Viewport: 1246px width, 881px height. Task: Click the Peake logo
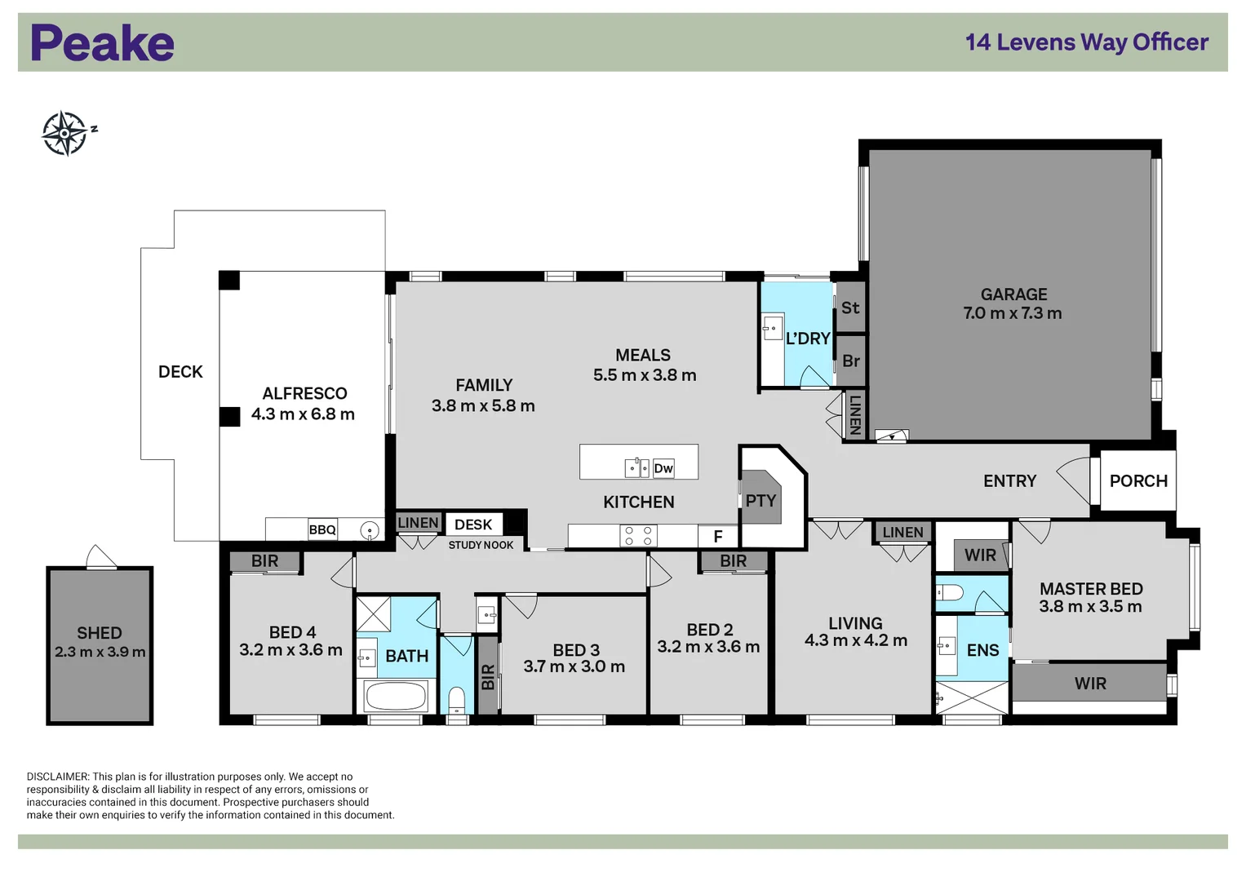coord(102,43)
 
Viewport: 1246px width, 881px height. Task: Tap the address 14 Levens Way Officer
coord(1086,42)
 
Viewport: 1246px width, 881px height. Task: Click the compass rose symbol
coord(64,133)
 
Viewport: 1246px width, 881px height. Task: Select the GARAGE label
coord(1013,294)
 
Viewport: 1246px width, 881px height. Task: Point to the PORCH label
coord(1137,481)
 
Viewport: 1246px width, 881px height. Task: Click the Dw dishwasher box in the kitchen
coord(663,468)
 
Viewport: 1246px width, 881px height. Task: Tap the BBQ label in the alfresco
coord(322,530)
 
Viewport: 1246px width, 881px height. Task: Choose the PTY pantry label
coord(760,501)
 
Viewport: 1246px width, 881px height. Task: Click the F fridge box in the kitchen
coord(718,537)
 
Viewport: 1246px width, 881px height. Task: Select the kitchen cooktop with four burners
coord(638,536)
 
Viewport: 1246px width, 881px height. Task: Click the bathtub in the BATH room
coord(396,697)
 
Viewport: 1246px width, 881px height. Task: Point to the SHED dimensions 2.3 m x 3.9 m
coord(100,652)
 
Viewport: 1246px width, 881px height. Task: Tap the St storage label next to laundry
coord(850,308)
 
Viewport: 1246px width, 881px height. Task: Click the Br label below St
coord(851,361)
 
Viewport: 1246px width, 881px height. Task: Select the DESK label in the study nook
coord(473,525)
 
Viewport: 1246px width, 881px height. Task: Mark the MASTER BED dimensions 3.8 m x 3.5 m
coord(1090,606)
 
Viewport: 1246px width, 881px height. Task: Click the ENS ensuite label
coord(982,650)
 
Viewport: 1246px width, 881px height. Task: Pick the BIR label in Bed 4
coord(264,561)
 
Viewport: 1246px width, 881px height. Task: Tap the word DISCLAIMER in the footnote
coord(57,777)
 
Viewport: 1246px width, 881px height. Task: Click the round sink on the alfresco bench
coord(370,531)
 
